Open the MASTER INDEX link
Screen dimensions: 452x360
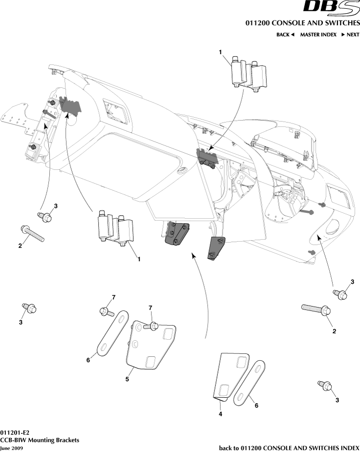point(318,35)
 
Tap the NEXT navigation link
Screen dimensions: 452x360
point(350,35)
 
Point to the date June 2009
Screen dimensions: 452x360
point(11,448)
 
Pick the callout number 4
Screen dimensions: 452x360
point(220,414)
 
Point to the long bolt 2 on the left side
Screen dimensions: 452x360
point(32,233)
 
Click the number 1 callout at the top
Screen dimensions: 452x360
point(220,52)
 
